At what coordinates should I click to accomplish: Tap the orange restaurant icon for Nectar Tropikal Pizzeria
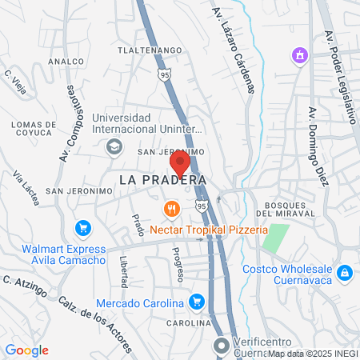[x=170, y=210]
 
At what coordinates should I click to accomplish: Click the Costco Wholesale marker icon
[x=345, y=273]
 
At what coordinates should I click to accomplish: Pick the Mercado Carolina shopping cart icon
[x=197, y=302]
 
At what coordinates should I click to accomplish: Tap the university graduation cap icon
[x=114, y=146]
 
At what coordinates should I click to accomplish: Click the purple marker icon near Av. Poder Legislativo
[x=299, y=56]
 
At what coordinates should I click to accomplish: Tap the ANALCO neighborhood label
[x=66, y=61]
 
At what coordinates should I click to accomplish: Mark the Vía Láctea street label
[x=26, y=187]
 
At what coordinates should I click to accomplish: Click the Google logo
[x=26, y=350]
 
